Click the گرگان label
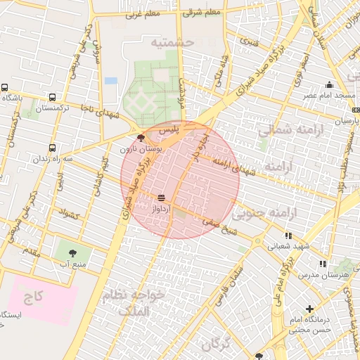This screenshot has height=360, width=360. click(x=215, y=345)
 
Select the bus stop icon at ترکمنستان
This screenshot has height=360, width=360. click(x=52, y=98)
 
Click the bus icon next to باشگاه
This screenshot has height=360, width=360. click(x=5, y=88)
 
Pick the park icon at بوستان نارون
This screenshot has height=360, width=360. click(x=143, y=138)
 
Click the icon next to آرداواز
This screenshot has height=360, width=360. click(x=162, y=198)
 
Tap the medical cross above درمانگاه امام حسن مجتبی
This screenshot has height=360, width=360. click(x=309, y=309)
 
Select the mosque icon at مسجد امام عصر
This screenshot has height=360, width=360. click(x=329, y=84)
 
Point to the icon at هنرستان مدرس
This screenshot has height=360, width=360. click(x=323, y=264)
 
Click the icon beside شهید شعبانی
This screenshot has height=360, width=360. click(x=288, y=236)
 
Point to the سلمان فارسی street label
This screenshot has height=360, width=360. click(x=230, y=281)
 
